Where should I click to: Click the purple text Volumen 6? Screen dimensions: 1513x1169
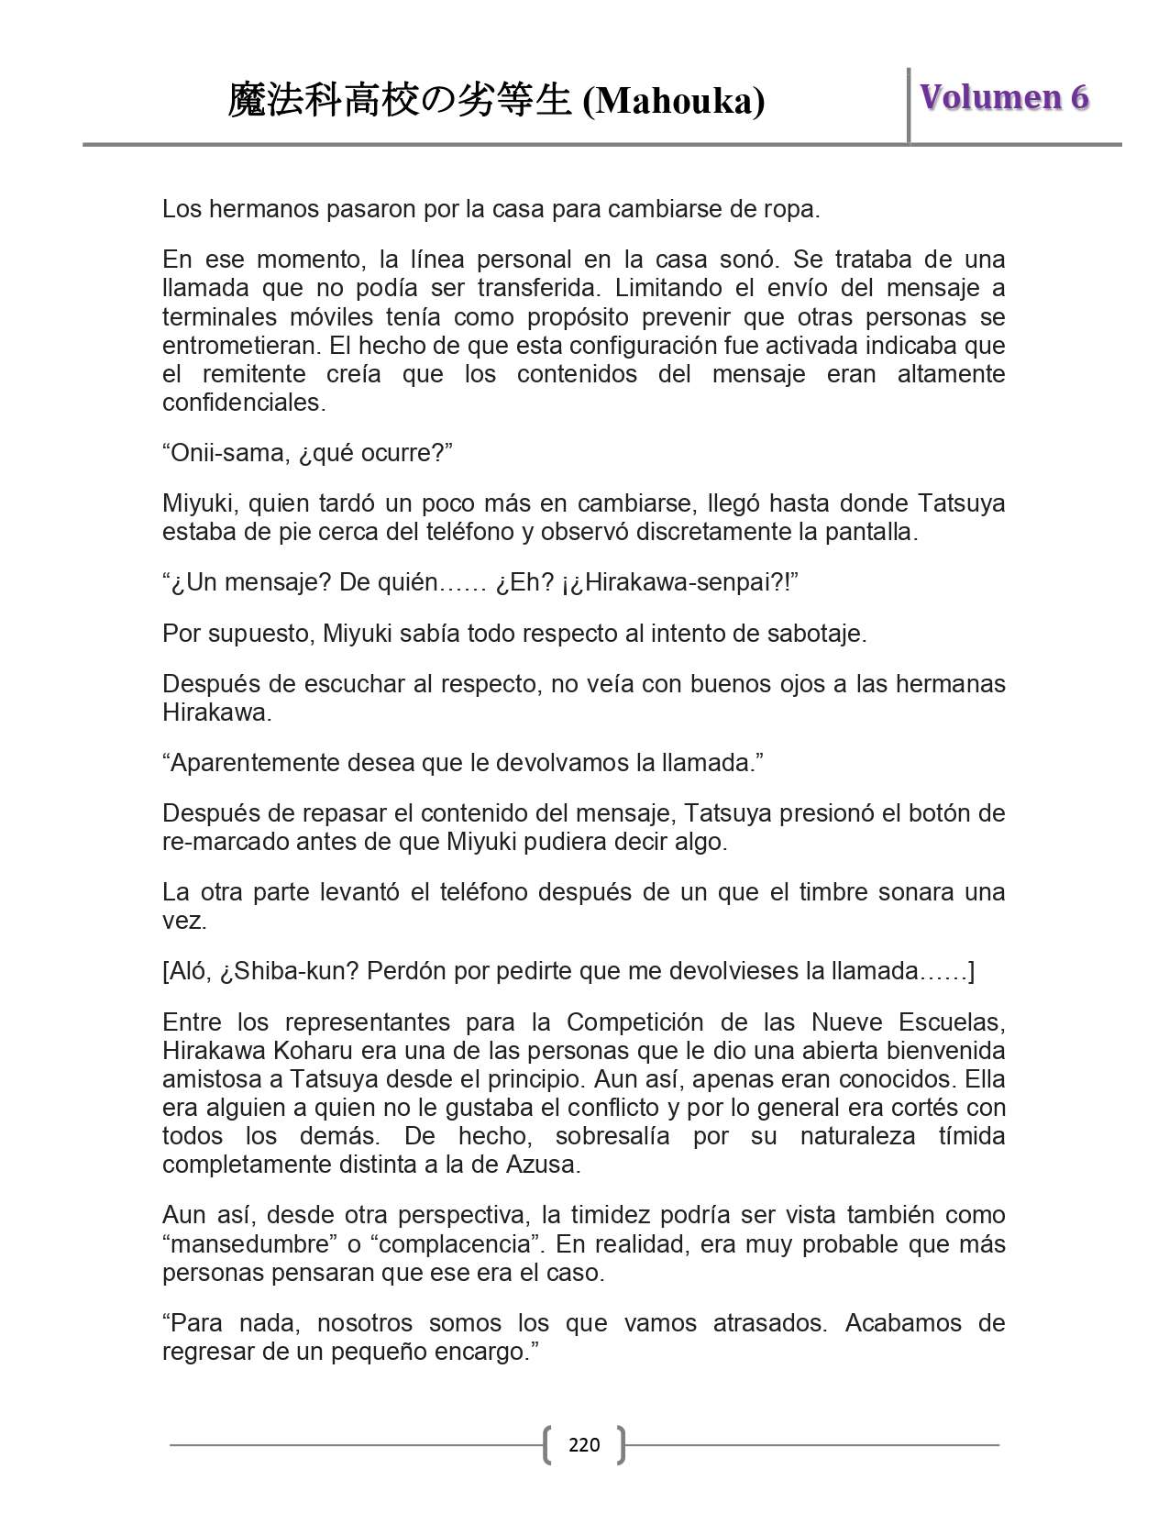1004,97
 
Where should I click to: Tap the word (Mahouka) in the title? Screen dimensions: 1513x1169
674,101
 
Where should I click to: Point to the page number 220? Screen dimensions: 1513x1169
584,1445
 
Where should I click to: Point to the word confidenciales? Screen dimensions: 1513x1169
242,403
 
